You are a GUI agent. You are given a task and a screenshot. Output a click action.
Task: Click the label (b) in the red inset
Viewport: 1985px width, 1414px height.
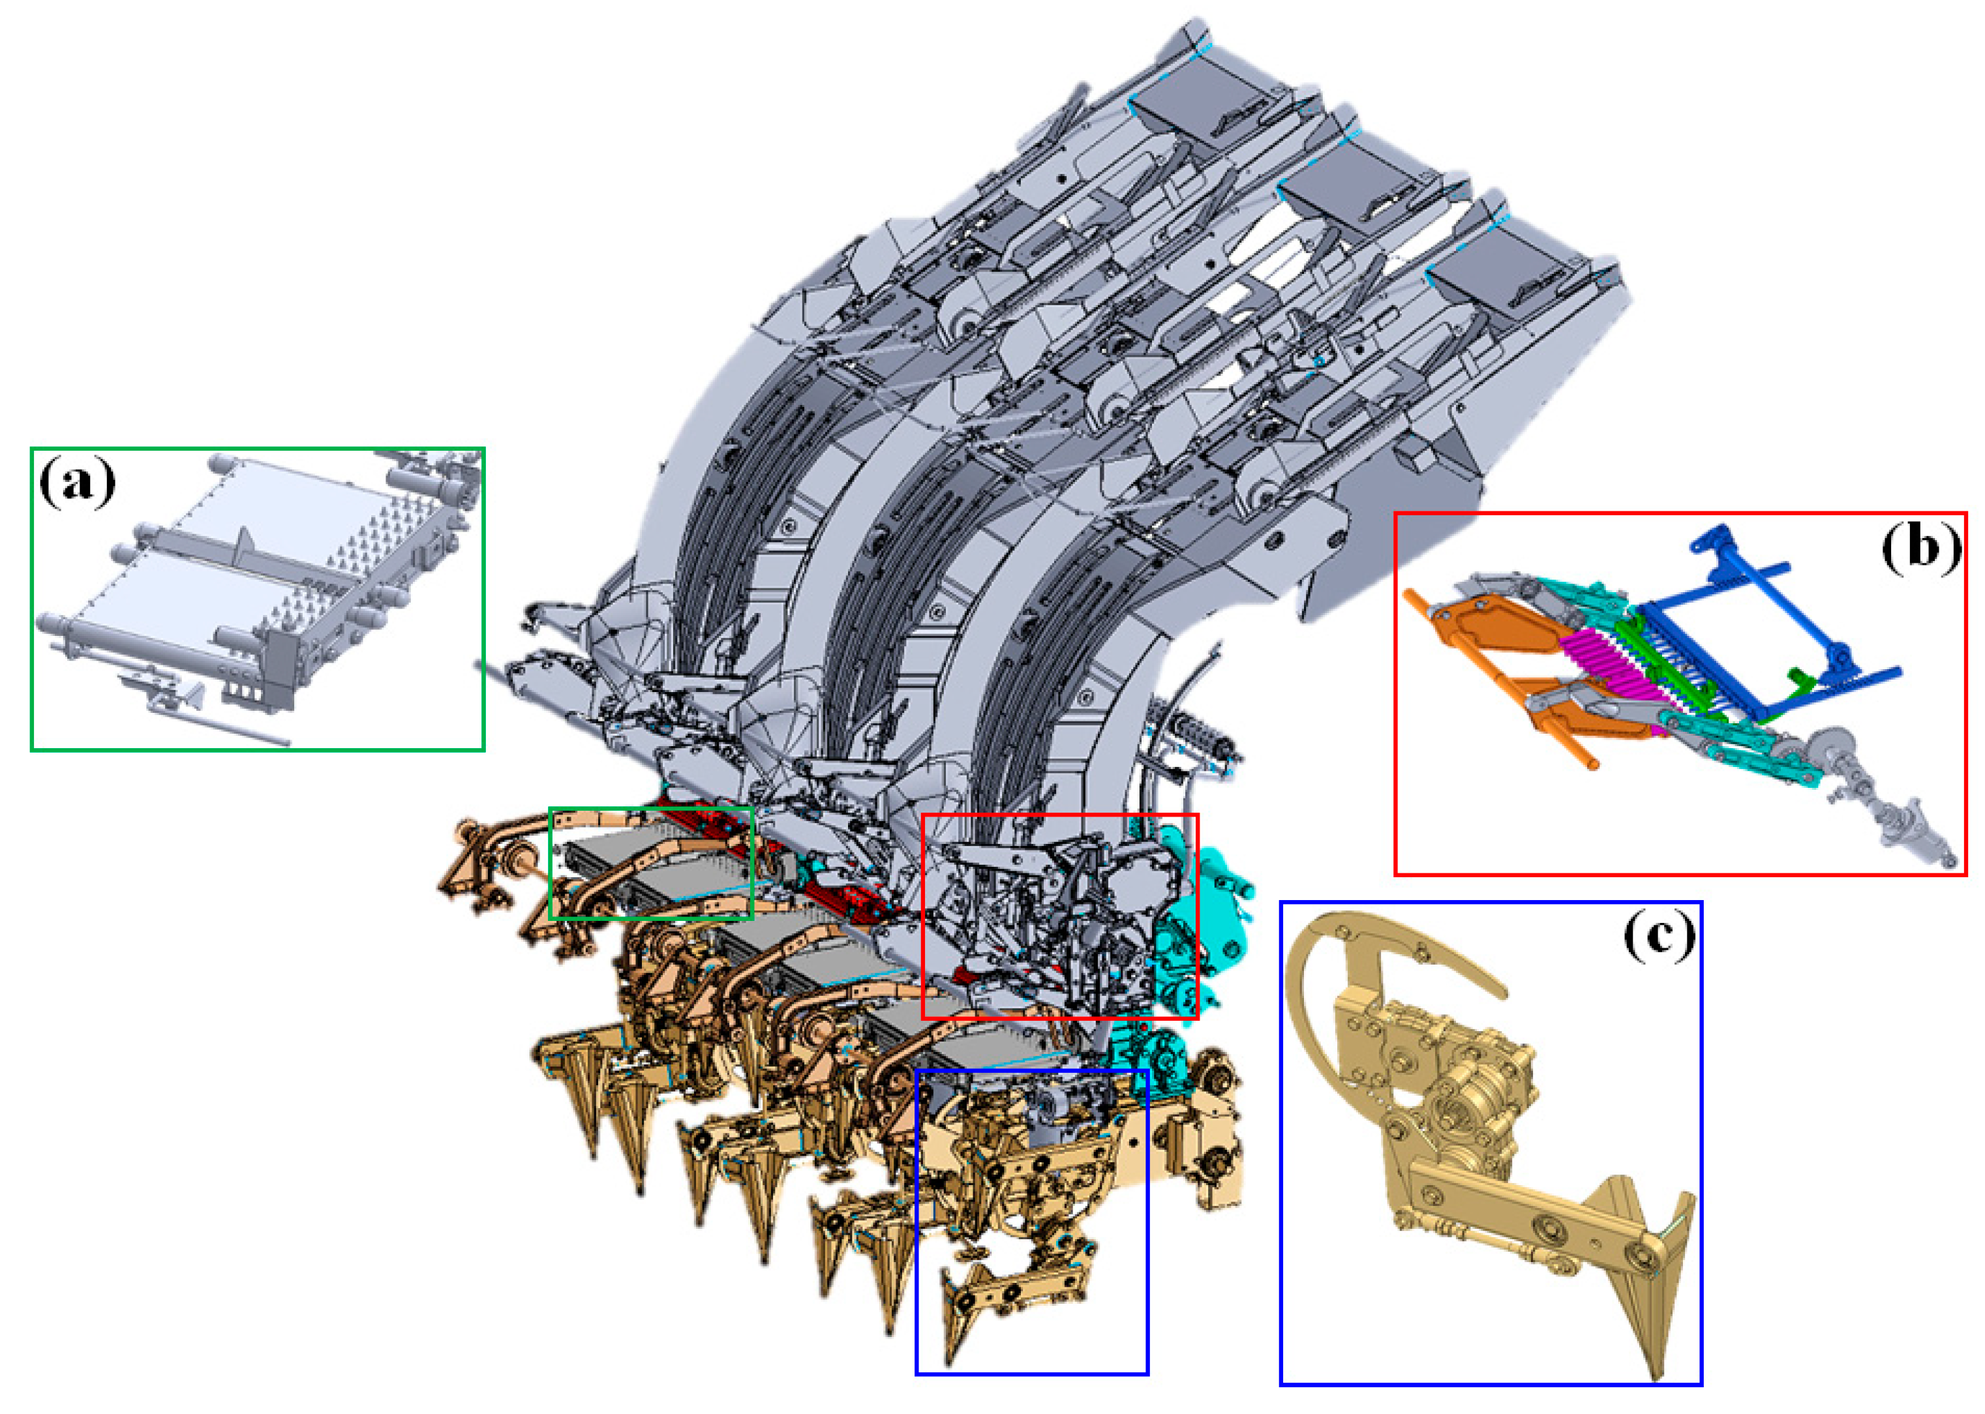(x=1920, y=549)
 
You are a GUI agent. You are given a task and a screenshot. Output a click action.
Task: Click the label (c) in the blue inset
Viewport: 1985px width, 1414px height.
(x=1659, y=936)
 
